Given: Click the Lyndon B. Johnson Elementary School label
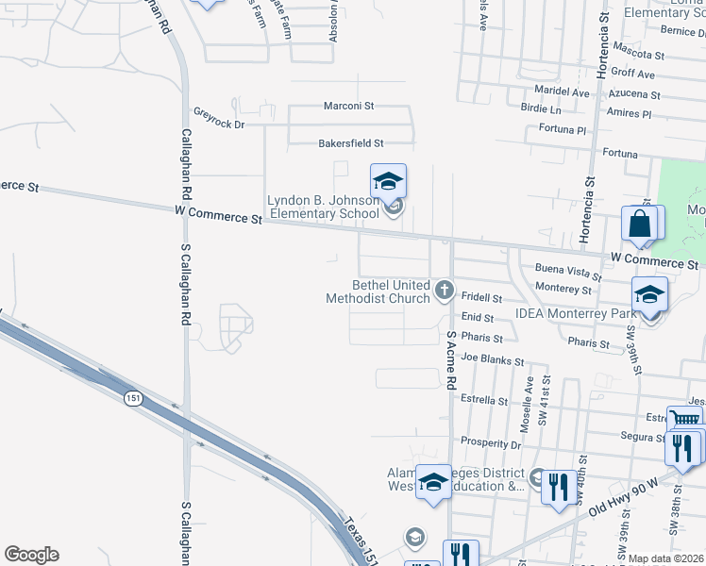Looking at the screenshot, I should click(x=323, y=207).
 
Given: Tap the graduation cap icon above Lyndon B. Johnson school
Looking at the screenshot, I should click(x=388, y=181).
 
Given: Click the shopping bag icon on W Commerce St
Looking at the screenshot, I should click(x=640, y=225).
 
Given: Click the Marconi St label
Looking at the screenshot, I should click(x=349, y=106).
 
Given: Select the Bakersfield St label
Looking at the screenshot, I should click(x=350, y=143).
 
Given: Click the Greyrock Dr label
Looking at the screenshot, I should click(x=219, y=124).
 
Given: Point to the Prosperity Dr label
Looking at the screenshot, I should click(x=491, y=442).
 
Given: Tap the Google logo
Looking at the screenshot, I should click(x=31, y=555).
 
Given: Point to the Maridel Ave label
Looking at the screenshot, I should click(x=561, y=93).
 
